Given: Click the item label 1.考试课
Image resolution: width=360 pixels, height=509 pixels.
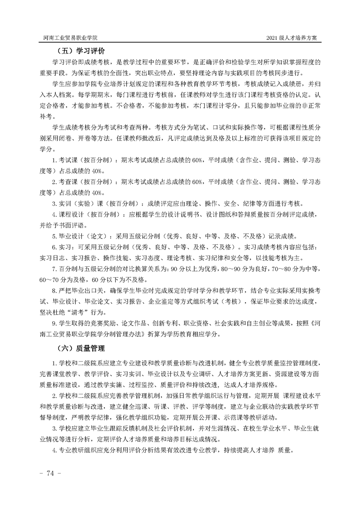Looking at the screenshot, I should tap(65, 160).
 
